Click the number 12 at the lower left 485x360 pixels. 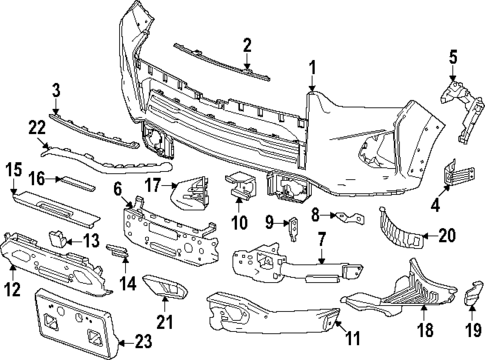tap(12, 290)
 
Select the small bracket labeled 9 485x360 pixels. tap(292, 229)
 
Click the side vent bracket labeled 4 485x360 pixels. tap(455, 172)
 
